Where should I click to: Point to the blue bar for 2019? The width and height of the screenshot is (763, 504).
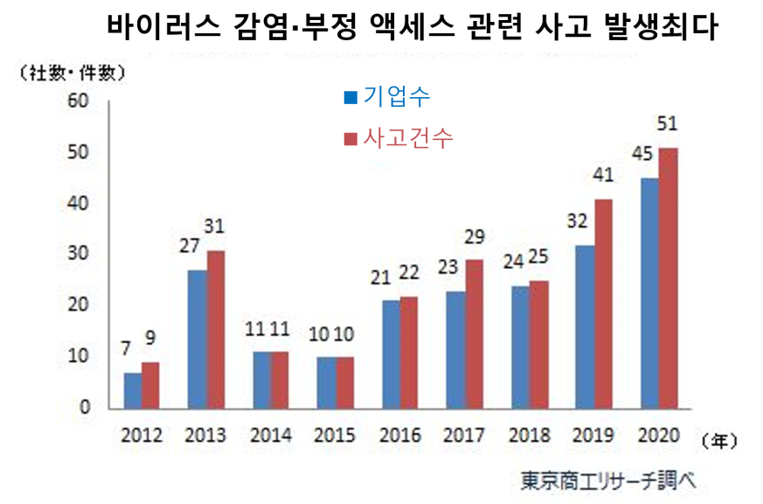[x=585, y=327]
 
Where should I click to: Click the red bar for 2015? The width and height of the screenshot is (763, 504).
[x=346, y=383]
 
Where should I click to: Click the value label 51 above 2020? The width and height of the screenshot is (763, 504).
[x=669, y=124]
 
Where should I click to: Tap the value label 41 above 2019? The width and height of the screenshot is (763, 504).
[x=604, y=175]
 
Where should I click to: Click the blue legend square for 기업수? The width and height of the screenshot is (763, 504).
[x=350, y=98]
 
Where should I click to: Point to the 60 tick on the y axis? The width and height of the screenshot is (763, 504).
[x=80, y=101]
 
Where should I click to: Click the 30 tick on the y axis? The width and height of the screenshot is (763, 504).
[x=80, y=254]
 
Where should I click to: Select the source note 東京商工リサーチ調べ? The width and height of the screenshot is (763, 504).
[x=609, y=480]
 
